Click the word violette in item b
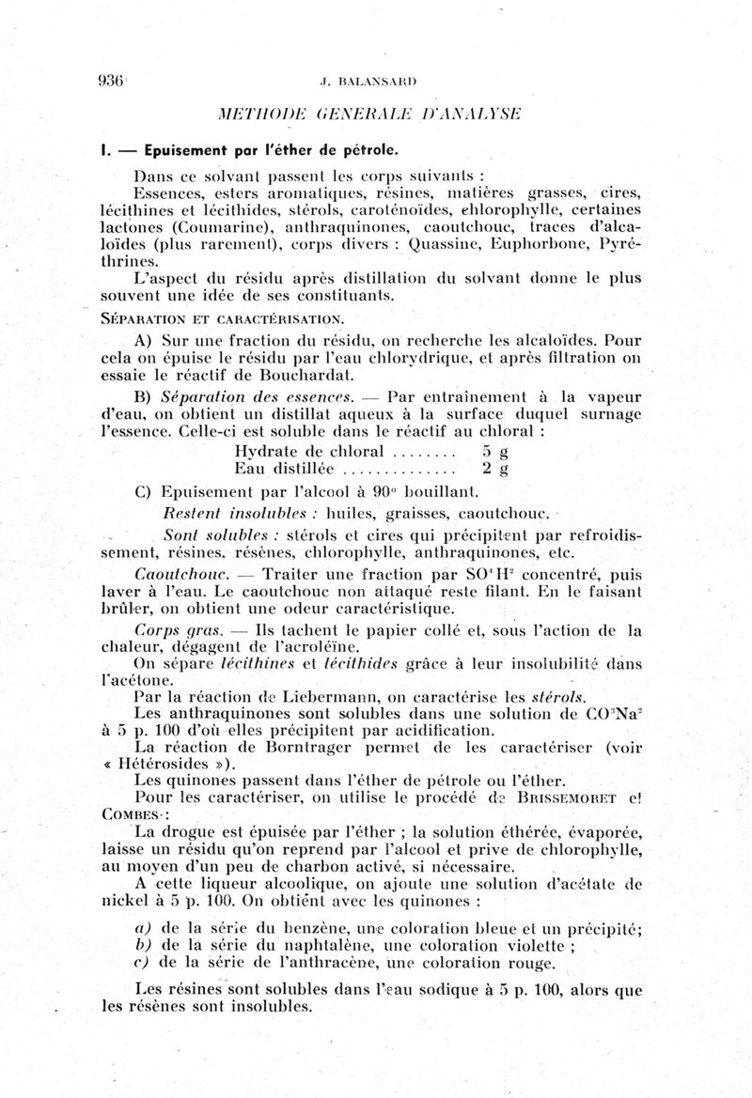(x=538, y=945)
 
